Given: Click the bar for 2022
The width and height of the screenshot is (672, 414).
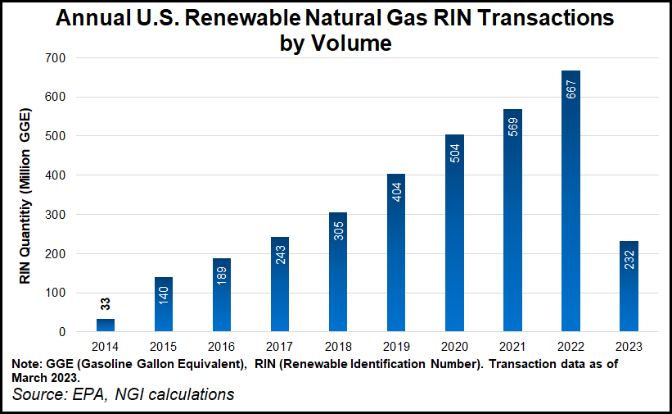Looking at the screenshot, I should point(571,202).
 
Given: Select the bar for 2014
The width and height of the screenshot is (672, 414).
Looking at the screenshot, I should point(106,325).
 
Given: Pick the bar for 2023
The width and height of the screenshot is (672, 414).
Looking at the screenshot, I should point(629,286).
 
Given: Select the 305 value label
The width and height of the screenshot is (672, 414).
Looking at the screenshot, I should point(339,231).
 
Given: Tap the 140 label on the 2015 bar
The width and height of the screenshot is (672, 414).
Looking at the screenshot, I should point(164,296).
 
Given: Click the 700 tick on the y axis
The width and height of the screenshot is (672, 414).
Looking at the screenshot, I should point(56,58).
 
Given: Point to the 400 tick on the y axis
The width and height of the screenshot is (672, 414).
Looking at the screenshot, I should point(56,175).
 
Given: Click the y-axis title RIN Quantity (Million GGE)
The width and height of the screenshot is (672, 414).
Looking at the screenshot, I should point(27,196).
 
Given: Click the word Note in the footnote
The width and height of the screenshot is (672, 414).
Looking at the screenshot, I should point(28,364).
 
